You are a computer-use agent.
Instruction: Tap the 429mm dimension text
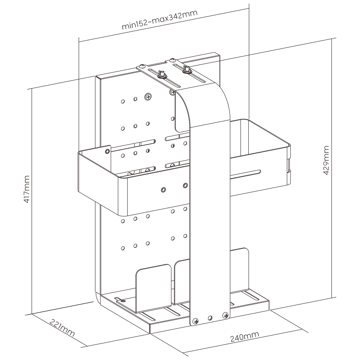327,161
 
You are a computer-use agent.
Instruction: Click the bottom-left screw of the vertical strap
196,321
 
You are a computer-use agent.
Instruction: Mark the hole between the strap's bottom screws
211,318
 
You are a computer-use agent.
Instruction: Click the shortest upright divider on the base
153,288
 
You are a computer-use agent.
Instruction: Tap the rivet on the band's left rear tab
107,151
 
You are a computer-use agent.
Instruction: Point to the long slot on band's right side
245,174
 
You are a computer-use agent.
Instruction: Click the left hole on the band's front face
163,189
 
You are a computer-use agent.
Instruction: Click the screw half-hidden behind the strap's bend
172,93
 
